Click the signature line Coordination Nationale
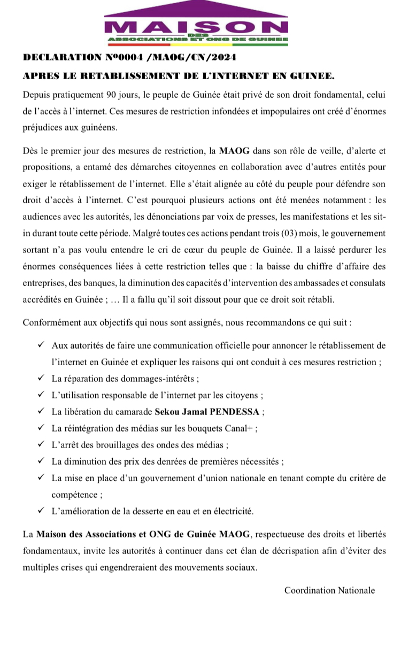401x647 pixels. pos(329,590)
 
